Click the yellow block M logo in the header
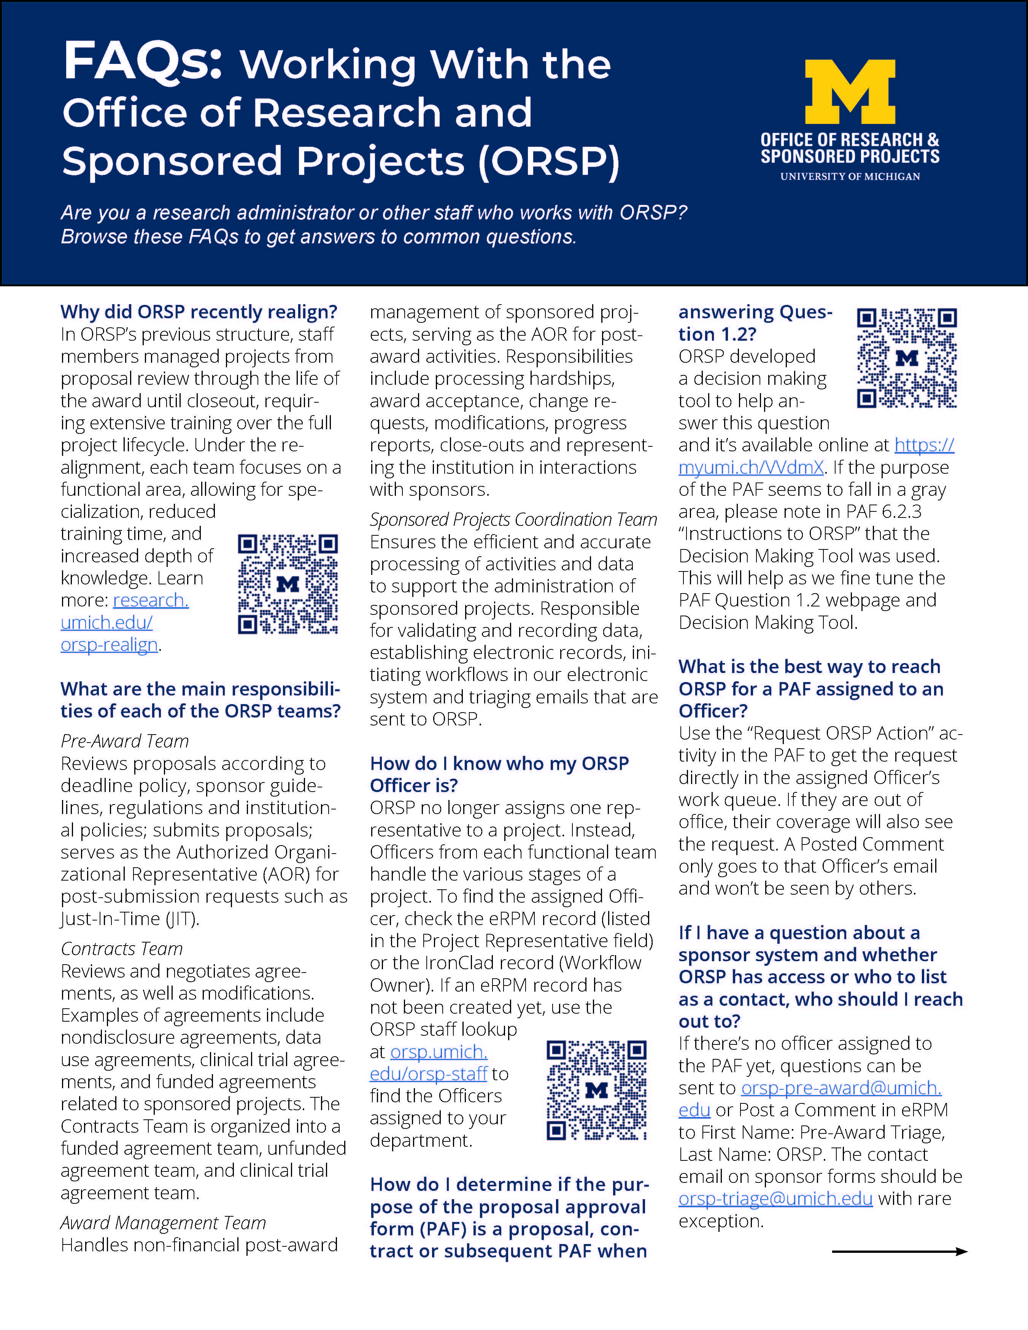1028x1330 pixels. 850,91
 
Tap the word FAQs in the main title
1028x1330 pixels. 143,61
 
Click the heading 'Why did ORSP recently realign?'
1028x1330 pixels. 199,312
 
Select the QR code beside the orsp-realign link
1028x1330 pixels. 288,584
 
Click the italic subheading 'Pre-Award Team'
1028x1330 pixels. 125,741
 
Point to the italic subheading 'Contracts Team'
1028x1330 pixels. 122,948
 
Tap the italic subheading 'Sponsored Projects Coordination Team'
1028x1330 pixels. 513,519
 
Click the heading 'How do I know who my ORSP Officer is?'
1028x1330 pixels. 499,774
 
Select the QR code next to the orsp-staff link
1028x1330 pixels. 596,1090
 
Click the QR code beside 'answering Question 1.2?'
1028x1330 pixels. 907,358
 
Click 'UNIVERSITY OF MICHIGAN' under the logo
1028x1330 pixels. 850,176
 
